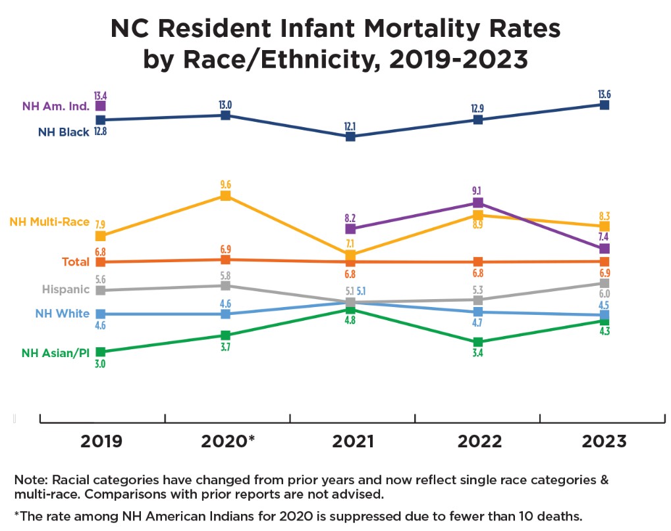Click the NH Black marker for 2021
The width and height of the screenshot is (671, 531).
[351, 136]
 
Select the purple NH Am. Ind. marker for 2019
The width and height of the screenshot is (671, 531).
[101, 105]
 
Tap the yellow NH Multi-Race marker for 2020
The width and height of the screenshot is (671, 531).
[225, 196]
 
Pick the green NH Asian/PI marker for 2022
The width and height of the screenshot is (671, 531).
[479, 342]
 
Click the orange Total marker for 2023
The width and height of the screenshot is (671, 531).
[604, 261]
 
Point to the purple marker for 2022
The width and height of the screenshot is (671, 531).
[479, 202]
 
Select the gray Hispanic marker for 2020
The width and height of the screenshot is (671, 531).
[225, 285]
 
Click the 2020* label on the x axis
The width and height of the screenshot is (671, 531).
[226, 441]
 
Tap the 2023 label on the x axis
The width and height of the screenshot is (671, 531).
[604, 441]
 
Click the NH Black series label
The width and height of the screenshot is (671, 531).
[63, 132]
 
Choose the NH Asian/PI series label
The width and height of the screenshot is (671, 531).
[55, 352]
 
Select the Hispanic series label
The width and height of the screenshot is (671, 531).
[65, 289]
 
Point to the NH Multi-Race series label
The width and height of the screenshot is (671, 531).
[49, 221]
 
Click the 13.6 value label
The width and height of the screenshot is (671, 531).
[604, 94]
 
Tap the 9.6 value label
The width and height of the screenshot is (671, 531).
[225, 184]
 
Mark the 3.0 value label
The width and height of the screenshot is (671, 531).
[100, 364]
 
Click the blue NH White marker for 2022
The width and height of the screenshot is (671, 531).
[479, 312]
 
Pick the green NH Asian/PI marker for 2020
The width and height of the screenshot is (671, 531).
[225, 335]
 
